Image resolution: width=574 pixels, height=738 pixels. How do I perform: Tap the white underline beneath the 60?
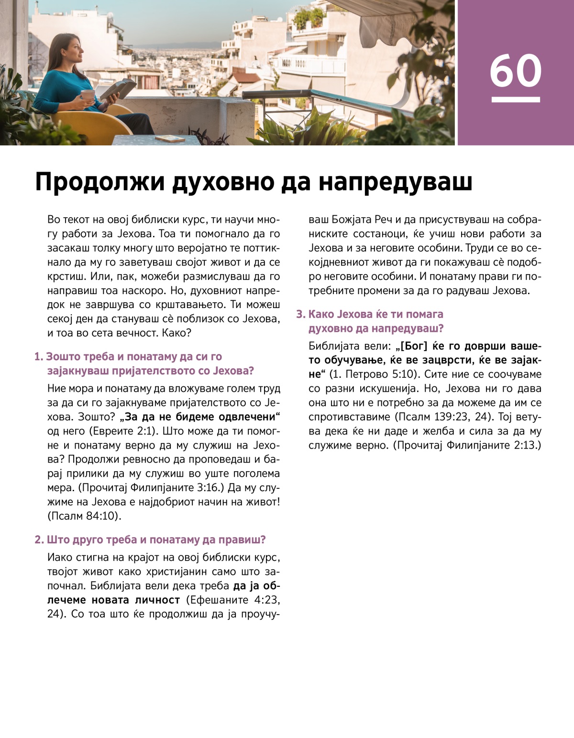point(516,99)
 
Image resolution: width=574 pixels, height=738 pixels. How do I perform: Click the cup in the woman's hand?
point(88,95)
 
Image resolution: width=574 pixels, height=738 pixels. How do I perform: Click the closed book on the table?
point(170,139)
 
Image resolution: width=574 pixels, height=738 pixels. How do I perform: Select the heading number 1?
point(38,357)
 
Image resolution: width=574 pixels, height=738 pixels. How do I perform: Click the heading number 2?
point(39,540)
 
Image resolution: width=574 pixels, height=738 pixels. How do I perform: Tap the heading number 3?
point(300,314)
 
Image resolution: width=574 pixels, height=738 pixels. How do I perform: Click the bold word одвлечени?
point(247,417)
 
